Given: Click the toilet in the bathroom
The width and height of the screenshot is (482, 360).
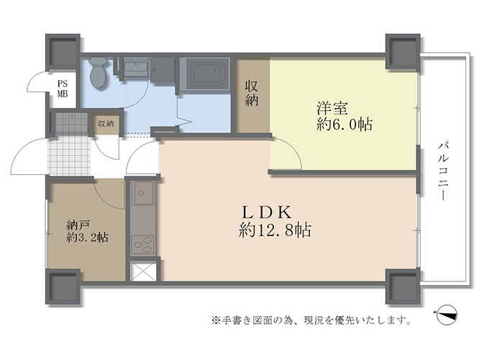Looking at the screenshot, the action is pos(99,73).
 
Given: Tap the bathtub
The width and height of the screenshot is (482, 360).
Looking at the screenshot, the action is pos(205,73).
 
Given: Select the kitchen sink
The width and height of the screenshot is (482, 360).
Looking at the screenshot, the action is pos(142,193).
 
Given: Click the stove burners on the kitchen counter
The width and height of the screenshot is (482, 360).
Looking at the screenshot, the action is pos(142,246).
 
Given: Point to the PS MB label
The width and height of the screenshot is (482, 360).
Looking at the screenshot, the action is pos(63,89).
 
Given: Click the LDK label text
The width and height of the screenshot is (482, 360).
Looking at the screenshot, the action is pos(266,212).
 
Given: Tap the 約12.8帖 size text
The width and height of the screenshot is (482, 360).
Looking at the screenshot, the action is pos(275,230).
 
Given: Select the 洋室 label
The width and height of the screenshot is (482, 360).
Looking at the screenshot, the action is pos(332,109).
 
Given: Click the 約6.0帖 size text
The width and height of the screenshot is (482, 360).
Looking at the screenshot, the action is pos(345,125).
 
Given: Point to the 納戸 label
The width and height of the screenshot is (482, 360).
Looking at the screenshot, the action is pos(78,225).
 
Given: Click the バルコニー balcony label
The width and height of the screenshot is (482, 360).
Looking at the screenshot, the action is pos(442,171).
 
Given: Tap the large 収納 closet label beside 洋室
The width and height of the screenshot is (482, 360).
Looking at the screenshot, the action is pos(252,93).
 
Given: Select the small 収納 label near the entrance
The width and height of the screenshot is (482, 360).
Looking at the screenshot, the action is pos(106,124).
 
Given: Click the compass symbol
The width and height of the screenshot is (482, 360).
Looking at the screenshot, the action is pos(446,315).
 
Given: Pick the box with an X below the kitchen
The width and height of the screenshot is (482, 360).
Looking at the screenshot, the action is pos(143,271).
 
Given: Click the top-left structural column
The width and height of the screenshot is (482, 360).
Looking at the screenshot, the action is pos(63,52).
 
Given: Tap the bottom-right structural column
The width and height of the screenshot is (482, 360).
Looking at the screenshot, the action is pos(403,286).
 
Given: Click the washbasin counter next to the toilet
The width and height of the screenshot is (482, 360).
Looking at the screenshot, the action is pos(135,68).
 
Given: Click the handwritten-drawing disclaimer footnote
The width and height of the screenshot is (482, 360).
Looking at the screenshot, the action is pos(311,320).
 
